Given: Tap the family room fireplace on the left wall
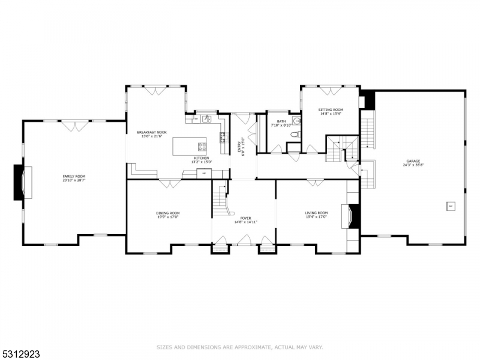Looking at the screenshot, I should [x=20, y=182].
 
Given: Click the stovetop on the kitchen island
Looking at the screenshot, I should [x=202, y=145].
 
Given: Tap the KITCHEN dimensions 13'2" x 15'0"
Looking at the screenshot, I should [x=201, y=162].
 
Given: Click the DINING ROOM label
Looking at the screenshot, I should [x=168, y=213].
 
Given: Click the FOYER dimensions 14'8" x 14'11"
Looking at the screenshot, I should [x=245, y=222].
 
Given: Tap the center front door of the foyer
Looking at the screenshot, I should [x=245, y=240].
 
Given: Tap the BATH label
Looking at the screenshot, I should [x=281, y=122].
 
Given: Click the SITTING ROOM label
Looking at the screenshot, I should [x=330, y=109].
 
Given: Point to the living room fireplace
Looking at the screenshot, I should [x=353, y=216].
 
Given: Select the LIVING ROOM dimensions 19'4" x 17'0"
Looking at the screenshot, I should [x=316, y=217].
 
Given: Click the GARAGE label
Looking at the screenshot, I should [x=413, y=161].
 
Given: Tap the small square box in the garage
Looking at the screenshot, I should [x=450, y=207].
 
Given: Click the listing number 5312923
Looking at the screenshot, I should [x=21, y=354].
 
